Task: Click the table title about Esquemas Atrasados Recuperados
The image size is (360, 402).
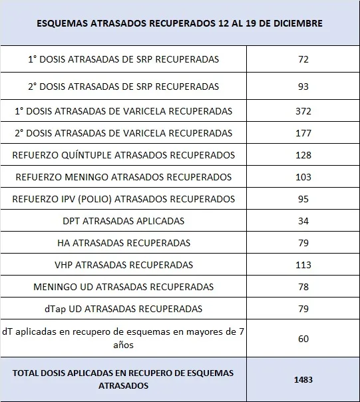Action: pos(180,23)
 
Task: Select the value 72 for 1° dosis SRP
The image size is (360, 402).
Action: pos(303,59)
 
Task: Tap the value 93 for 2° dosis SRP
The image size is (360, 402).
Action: pos(303,87)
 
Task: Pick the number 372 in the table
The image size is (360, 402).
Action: pos(303,111)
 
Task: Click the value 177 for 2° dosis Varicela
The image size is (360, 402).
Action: pos(303,133)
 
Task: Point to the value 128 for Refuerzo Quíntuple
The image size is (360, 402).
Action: pos(303,155)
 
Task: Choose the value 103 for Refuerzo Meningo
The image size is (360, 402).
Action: pos(303,177)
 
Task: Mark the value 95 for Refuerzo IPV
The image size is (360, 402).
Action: pos(303,199)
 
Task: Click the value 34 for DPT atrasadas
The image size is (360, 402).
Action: pos(303,221)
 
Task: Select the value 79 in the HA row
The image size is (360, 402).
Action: pos(303,243)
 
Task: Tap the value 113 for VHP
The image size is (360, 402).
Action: pos(303,265)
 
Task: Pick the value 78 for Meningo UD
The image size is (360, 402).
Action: pos(303,287)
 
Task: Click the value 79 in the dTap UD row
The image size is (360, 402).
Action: pos(303,309)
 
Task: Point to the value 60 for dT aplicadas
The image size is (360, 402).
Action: pos(303,339)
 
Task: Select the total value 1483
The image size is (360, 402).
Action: pos(303,379)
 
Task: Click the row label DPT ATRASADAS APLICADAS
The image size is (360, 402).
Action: pos(124,221)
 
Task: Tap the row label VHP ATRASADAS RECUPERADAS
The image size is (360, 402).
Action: pos(124,265)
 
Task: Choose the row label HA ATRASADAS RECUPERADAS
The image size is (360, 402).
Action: pos(124,243)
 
